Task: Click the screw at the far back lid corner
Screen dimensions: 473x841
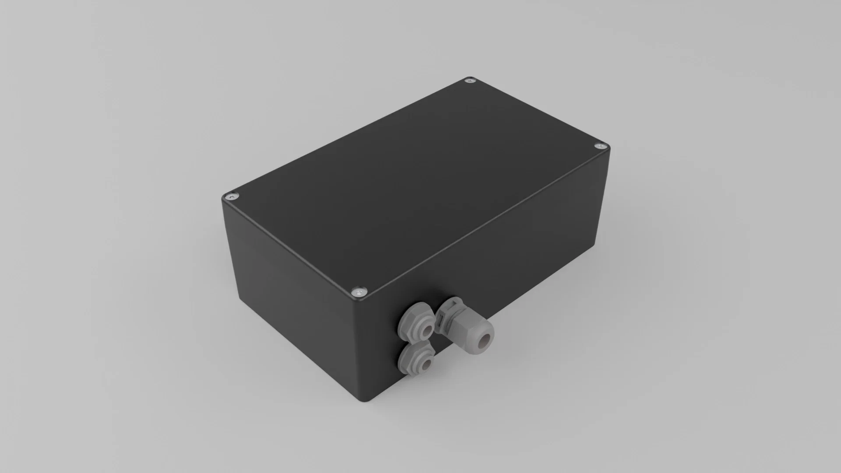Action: [x=471, y=81]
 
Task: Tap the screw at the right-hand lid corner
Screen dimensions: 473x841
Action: [x=600, y=145]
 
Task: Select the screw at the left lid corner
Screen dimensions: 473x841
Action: [x=231, y=197]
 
